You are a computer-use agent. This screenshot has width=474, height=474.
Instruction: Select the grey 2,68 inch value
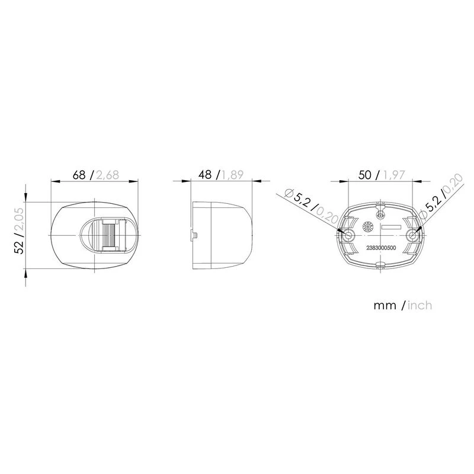point(108,175)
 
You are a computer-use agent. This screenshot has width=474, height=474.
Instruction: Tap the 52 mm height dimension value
point(19,245)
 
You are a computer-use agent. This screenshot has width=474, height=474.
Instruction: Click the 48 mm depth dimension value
point(205,175)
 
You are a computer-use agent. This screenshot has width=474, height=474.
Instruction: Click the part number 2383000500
point(382,249)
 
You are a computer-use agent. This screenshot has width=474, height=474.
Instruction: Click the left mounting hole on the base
point(349,236)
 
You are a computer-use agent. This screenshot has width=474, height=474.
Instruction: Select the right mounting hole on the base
point(413,236)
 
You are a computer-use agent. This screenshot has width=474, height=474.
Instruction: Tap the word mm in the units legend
point(385,306)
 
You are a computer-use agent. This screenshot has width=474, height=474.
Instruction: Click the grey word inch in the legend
point(420,306)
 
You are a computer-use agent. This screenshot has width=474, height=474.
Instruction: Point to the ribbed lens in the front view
point(108,235)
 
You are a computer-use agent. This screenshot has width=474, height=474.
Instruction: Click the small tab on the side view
point(194,235)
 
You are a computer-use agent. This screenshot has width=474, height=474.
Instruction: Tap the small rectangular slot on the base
point(391,228)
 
